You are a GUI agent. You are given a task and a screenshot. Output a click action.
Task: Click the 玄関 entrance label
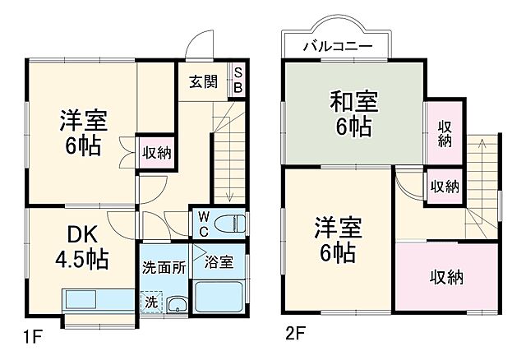point(202,82)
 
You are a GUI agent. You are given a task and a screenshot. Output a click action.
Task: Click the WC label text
point(202,224)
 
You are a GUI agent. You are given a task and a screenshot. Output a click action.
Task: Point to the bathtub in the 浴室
point(219,297)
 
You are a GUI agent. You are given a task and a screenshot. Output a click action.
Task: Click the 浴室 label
point(219,262)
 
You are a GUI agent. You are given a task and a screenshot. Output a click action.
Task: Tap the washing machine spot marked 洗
point(151,302)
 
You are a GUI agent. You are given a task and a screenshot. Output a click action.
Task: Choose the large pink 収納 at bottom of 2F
point(446,277)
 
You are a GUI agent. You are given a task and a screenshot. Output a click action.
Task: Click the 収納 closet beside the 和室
point(445,133)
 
